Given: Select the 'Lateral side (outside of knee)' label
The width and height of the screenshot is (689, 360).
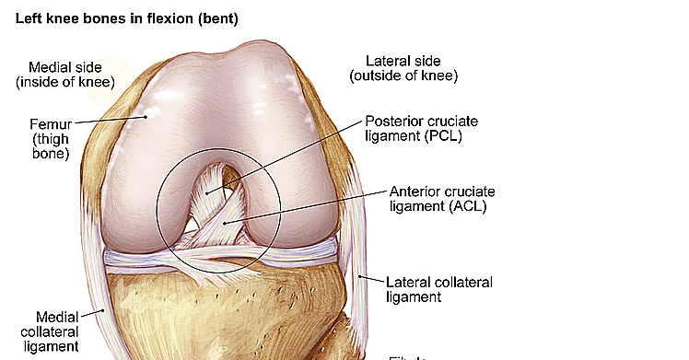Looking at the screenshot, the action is pyautogui.click(x=403, y=68).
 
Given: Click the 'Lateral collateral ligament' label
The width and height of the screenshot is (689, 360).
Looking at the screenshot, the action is pyautogui.click(x=439, y=289).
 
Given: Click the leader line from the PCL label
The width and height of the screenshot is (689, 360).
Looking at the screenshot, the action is pyautogui.click(x=286, y=157).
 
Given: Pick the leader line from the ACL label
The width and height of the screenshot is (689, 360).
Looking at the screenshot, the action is pyautogui.click(x=313, y=208).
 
